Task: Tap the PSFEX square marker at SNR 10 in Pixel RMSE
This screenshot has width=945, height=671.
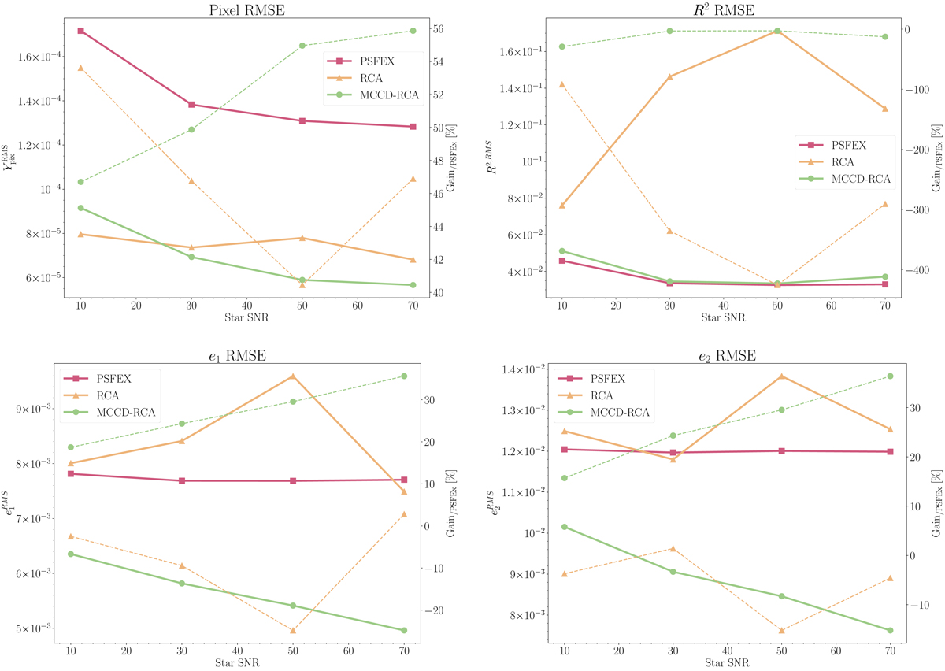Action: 80,31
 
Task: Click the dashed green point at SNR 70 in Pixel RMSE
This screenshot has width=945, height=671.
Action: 413,31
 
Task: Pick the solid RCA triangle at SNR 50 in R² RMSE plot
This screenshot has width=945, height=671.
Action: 777,31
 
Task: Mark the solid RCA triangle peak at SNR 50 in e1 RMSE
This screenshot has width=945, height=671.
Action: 293,376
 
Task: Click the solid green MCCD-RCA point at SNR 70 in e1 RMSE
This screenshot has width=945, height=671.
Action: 404,630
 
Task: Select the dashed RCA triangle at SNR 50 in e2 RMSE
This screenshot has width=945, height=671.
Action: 781,630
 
